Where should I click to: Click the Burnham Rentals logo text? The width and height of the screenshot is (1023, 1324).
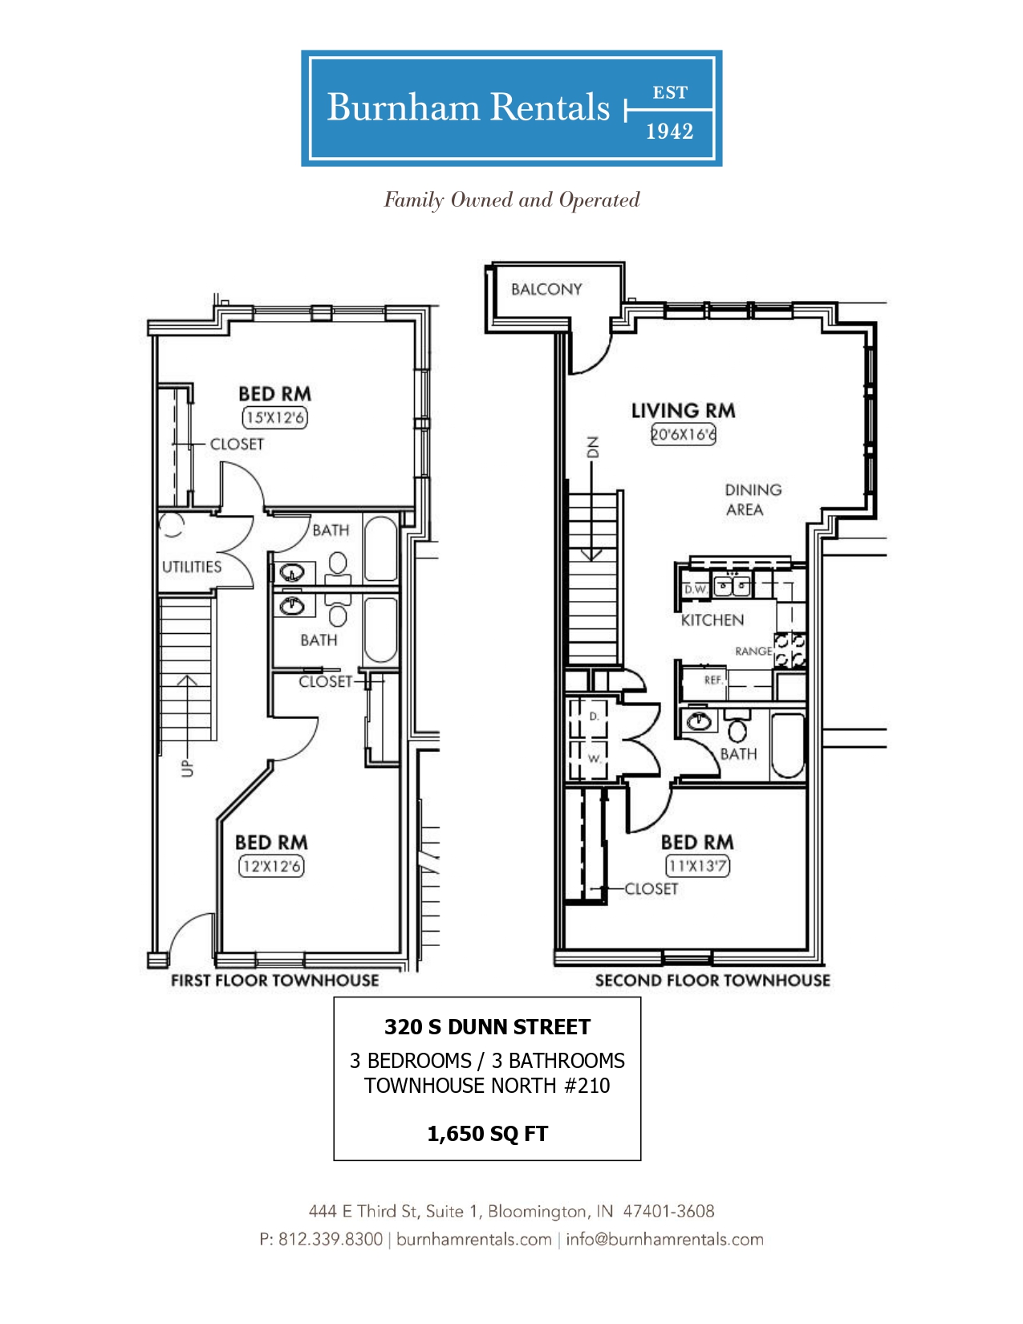click(x=468, y=108)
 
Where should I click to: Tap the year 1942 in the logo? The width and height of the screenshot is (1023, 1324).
click(x=670, y=132)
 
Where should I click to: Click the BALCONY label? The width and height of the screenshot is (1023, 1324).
click(x=546, y=290)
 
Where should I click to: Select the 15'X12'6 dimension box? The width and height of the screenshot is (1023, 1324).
click(x=274, y=418)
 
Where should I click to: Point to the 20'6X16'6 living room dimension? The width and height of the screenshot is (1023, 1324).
click(x=683, y=434)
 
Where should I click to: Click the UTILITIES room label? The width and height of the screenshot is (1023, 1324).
click(x=192, y=567)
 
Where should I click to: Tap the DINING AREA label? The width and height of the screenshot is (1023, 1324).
click(x=753, y=500)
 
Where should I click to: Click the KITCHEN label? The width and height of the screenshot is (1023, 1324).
click(x=712, y=620)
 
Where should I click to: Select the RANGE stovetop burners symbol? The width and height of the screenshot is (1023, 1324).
click(x=790, y=651)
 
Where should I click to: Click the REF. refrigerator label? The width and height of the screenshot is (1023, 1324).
click(x=713, y=680)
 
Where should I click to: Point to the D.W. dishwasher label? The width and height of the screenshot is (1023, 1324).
click(x=695, y=589)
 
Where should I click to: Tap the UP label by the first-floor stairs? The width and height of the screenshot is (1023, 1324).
click(x=187, y=769)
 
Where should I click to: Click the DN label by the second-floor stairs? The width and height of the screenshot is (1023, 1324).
click(x=592, y=447)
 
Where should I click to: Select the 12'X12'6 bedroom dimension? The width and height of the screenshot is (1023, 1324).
click(x=271, y=867)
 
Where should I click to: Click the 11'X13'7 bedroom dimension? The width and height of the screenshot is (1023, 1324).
click(x=697, y=866)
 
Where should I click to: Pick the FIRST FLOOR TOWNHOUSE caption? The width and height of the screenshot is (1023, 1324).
click(x=274, y=981)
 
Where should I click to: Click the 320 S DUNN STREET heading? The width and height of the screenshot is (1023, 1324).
click(x=488, y=1027)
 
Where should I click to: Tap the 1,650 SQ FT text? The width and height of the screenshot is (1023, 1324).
click(x=488, y=1134)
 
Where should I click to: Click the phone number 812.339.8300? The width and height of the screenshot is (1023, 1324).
click(x=331, y=1239)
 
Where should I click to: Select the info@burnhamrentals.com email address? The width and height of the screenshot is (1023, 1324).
click(x=664, y=1239)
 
